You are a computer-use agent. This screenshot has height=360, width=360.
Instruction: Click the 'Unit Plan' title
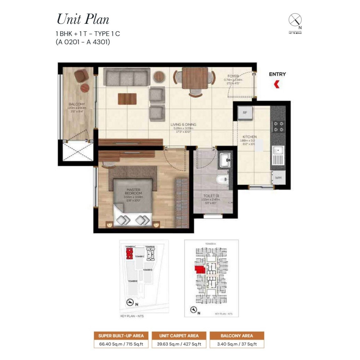click(x=83, y=19)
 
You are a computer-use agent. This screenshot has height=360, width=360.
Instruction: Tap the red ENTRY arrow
click(x=276, y=84)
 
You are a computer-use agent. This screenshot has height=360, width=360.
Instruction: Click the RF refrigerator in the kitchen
click(x=245, y=113)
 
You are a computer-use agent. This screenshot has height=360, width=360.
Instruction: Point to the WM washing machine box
click(x=278, y=178)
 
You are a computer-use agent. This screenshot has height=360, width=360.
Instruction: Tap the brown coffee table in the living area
click(x=127, y=99)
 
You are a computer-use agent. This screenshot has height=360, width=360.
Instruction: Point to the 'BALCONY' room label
click(x=77, y=104)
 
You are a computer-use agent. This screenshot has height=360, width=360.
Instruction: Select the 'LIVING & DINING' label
click(x=183, y=124)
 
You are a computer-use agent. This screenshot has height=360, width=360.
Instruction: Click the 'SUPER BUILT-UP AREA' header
click(x=121, y=336)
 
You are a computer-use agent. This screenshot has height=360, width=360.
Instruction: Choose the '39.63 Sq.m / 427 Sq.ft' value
click(x=179, y=344)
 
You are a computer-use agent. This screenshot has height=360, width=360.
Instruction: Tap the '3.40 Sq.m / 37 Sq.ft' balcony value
click(x=237, y=344)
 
